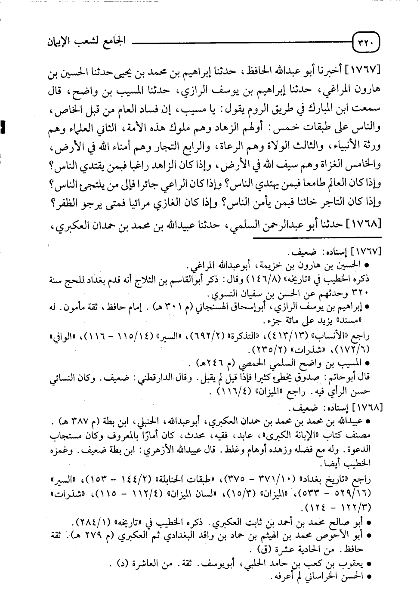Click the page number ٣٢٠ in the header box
tap(367, 43)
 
